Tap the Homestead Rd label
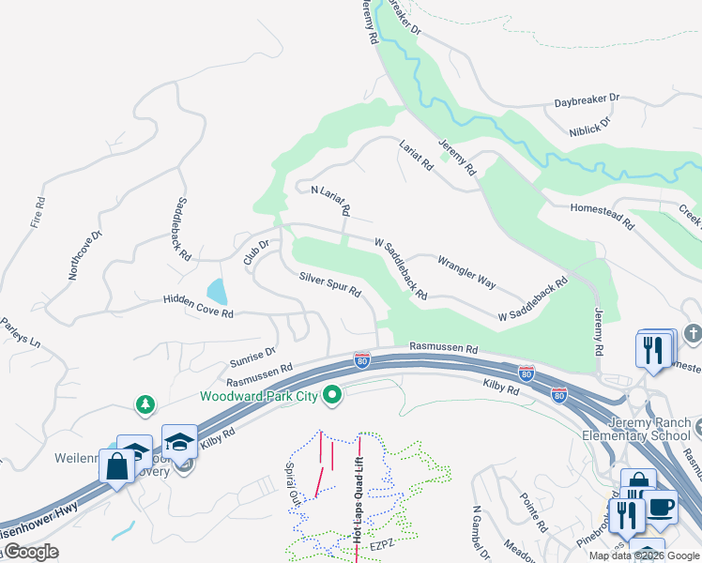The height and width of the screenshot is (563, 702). pos(600,215)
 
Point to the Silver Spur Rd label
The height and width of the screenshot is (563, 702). pos(330,284)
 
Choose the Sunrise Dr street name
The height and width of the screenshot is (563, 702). pos(252,358)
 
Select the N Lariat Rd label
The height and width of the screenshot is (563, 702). pos(330,198)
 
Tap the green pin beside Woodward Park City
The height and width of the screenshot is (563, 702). pos(330,396)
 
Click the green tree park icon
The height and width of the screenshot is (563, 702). pos(145,404)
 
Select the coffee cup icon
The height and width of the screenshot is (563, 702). pos(660,507)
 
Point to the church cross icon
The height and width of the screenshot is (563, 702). pos(693,333)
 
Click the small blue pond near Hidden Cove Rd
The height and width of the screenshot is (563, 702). pos(216,291)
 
